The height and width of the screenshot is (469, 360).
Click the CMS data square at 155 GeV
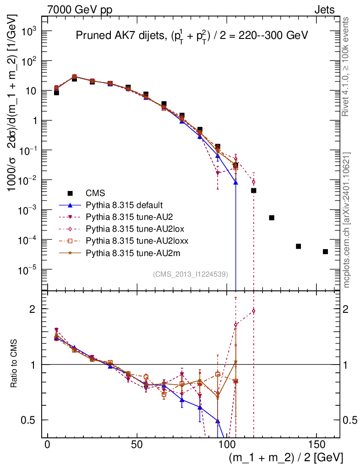[325, 251]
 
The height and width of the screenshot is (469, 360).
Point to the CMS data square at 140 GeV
[298, 246]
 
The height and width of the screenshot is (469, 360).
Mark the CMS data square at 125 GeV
[272, 218]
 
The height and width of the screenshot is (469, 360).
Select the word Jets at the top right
[324, 10]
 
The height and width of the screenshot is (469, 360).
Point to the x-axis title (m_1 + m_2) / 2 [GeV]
[285, 458]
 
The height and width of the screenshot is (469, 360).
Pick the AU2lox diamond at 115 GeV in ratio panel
[254, 311]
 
